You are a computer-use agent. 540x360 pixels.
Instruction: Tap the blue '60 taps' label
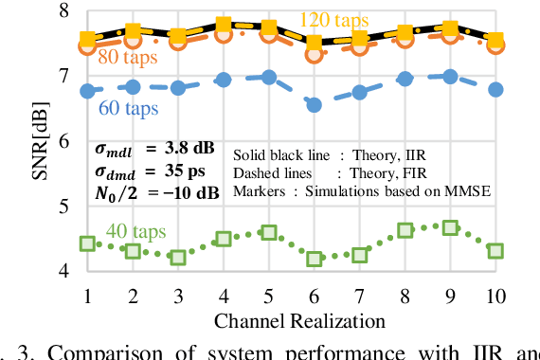tap(129, 107)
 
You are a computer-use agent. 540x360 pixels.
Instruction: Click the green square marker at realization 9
tap(450, 227)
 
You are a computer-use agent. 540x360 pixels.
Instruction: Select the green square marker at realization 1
tap(87, 243)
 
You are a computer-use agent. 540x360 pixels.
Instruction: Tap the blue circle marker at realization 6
tap(314, 105)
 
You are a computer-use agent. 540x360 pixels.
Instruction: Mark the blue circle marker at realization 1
tap(87, 91)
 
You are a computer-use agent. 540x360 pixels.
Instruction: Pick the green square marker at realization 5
tap(269, 232)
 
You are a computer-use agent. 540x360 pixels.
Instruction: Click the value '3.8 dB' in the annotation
tap(189, 149)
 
